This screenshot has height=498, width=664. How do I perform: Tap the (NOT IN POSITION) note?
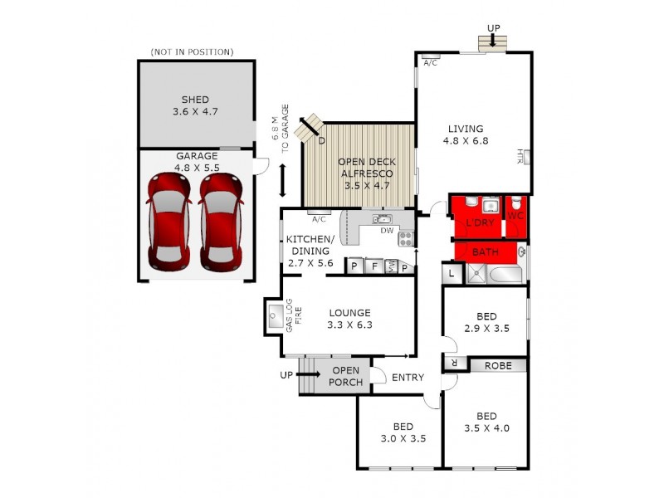point(192,52)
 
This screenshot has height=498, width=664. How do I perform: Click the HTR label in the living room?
point(520,155)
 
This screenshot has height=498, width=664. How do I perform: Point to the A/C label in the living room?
point(431,63)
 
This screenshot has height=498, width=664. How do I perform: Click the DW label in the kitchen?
point(387,232)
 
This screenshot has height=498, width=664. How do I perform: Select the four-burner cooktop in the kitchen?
point(406,239)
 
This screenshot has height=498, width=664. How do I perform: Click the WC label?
point(515,216)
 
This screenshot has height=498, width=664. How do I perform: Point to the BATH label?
point(485,251)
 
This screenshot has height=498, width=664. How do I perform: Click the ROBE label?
point(498,365)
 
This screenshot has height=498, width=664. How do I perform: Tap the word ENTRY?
point(408,378)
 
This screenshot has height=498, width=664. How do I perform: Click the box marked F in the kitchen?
point(374,266)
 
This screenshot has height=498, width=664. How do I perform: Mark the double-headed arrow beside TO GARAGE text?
point(283,180)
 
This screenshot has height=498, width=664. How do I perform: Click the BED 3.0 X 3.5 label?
point(403,432)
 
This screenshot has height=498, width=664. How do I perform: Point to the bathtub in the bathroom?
point(506,274)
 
